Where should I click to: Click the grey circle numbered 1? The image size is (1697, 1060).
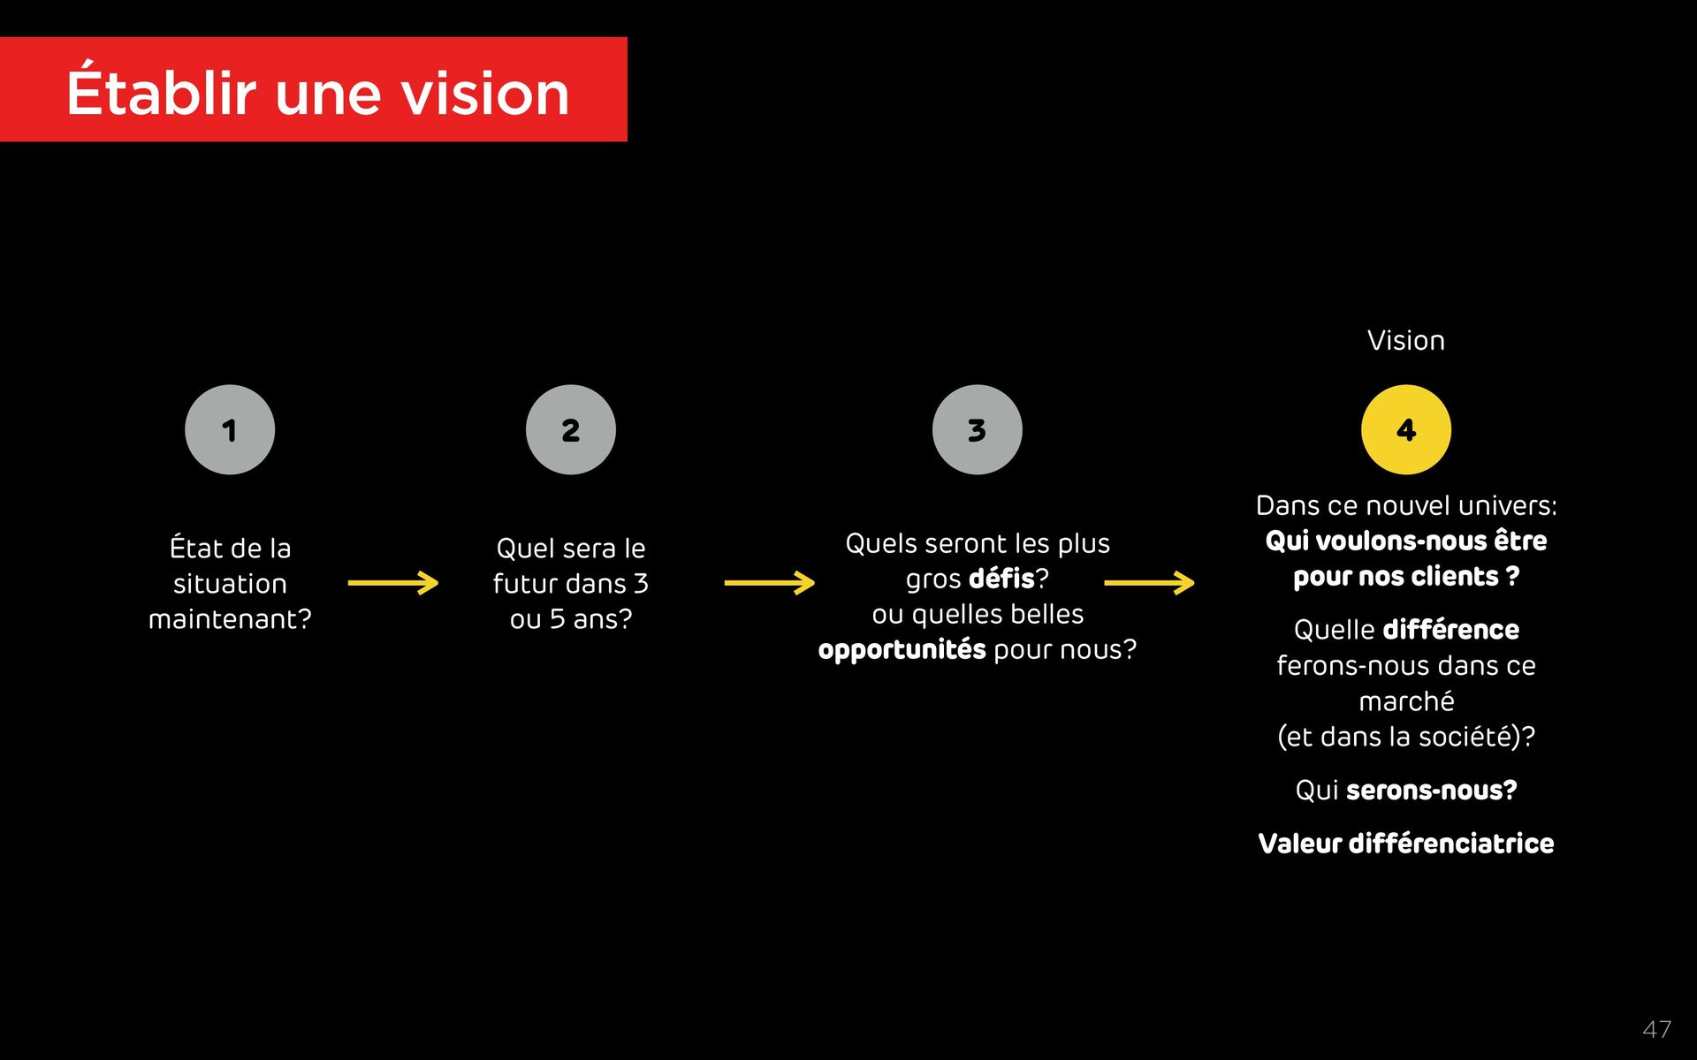[x=230, y=430]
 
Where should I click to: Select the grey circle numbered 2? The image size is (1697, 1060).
[x=571, y=430]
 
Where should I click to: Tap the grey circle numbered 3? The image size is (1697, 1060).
[x=977, y=430]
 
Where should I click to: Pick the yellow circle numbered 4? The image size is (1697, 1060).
[x=1405, y=430]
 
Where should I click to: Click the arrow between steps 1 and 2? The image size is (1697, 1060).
[x=393, y=583]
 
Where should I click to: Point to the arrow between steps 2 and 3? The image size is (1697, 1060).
[x=769, y=583]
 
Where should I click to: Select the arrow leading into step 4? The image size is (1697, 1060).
[x=1149, y=583]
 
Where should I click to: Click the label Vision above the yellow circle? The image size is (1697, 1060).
[x=1405, y=341]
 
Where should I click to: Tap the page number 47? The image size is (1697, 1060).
[x=1656, y=1029]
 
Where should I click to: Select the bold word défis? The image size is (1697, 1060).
[x=1001, y=579]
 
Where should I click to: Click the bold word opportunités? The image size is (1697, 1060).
[x=902, y=650]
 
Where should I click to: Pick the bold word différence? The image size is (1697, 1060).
[x=1450, y=630]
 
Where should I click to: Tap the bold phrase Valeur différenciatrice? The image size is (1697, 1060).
[x=1405, y=844]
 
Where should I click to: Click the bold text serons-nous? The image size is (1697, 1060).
[x=1431, y=791]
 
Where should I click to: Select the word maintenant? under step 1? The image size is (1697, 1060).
[x=230, y=619]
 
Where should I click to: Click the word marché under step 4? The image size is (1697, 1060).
[x=1405, y=701]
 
